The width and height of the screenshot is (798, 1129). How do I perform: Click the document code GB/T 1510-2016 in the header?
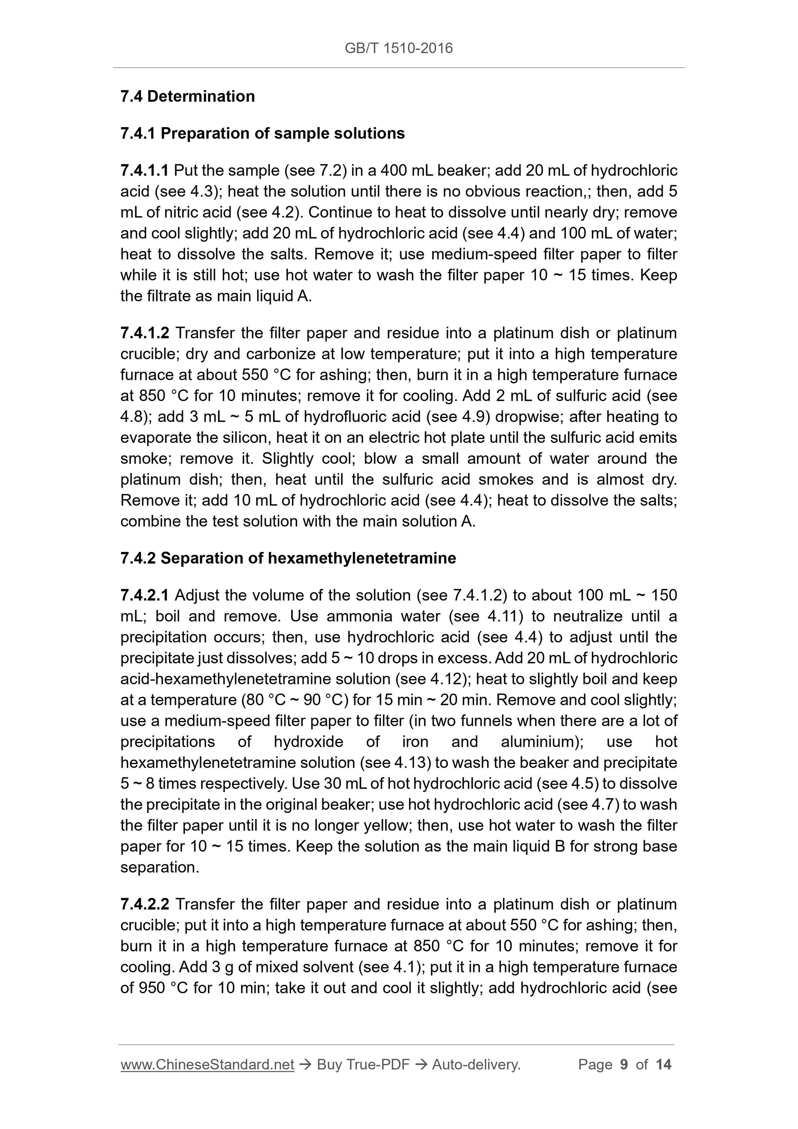click(x=398, y=48)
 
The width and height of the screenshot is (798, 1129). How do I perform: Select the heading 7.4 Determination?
click(x=187, y=96)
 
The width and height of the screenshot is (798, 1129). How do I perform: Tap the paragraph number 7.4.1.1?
click(x=145, y=171)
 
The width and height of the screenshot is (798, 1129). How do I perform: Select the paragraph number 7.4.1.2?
click(x=145, y=333)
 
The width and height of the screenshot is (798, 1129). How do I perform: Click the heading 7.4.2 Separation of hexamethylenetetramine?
click(x=288, y=558)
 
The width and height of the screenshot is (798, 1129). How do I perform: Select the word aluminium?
click(x=538, y=741)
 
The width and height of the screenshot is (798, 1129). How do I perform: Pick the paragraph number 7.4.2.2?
click(x=145, y=904)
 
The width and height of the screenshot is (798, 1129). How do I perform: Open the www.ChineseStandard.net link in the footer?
click(x=207, y=1065)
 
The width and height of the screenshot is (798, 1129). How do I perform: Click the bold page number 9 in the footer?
click(x=624, y=1065)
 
